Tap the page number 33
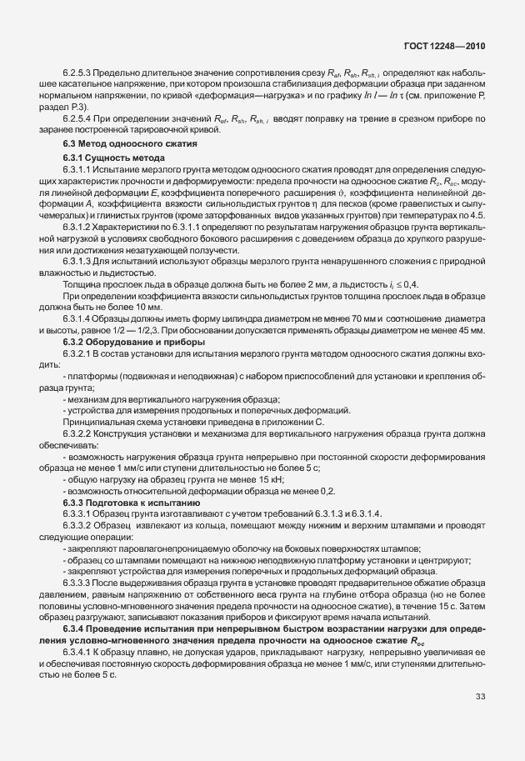[x=480, y=696]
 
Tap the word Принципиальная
[x=92, y=422]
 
